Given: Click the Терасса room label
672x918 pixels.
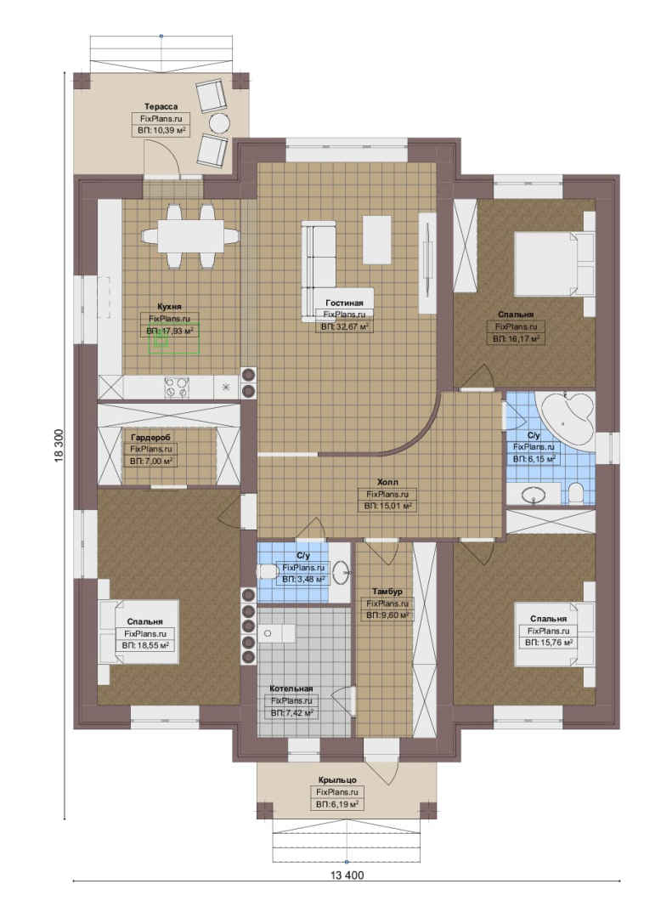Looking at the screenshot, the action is (161, 106).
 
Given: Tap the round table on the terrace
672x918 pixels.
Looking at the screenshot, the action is (219, 123).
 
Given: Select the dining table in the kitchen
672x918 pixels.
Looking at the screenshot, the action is (191, 235).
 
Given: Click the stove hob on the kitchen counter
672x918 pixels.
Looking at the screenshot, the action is (178, 388).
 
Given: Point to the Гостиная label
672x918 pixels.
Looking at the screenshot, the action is (344, 303).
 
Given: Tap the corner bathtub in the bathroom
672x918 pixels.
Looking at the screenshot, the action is (566, 416).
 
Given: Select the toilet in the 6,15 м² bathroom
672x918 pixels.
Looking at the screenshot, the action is (575, 494).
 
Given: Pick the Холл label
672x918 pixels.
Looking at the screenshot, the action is (387, 482).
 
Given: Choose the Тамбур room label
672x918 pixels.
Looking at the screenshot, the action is (387, 592).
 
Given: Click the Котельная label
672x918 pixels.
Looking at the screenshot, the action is (291, 688).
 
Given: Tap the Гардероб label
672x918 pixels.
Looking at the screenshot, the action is (151, 438).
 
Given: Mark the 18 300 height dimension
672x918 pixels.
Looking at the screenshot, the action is (59, 446).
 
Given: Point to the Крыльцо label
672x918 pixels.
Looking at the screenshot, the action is (338, 779).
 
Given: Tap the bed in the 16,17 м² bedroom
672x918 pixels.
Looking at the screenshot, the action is (554, 264).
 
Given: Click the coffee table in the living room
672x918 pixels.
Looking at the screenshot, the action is (377, 240).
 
